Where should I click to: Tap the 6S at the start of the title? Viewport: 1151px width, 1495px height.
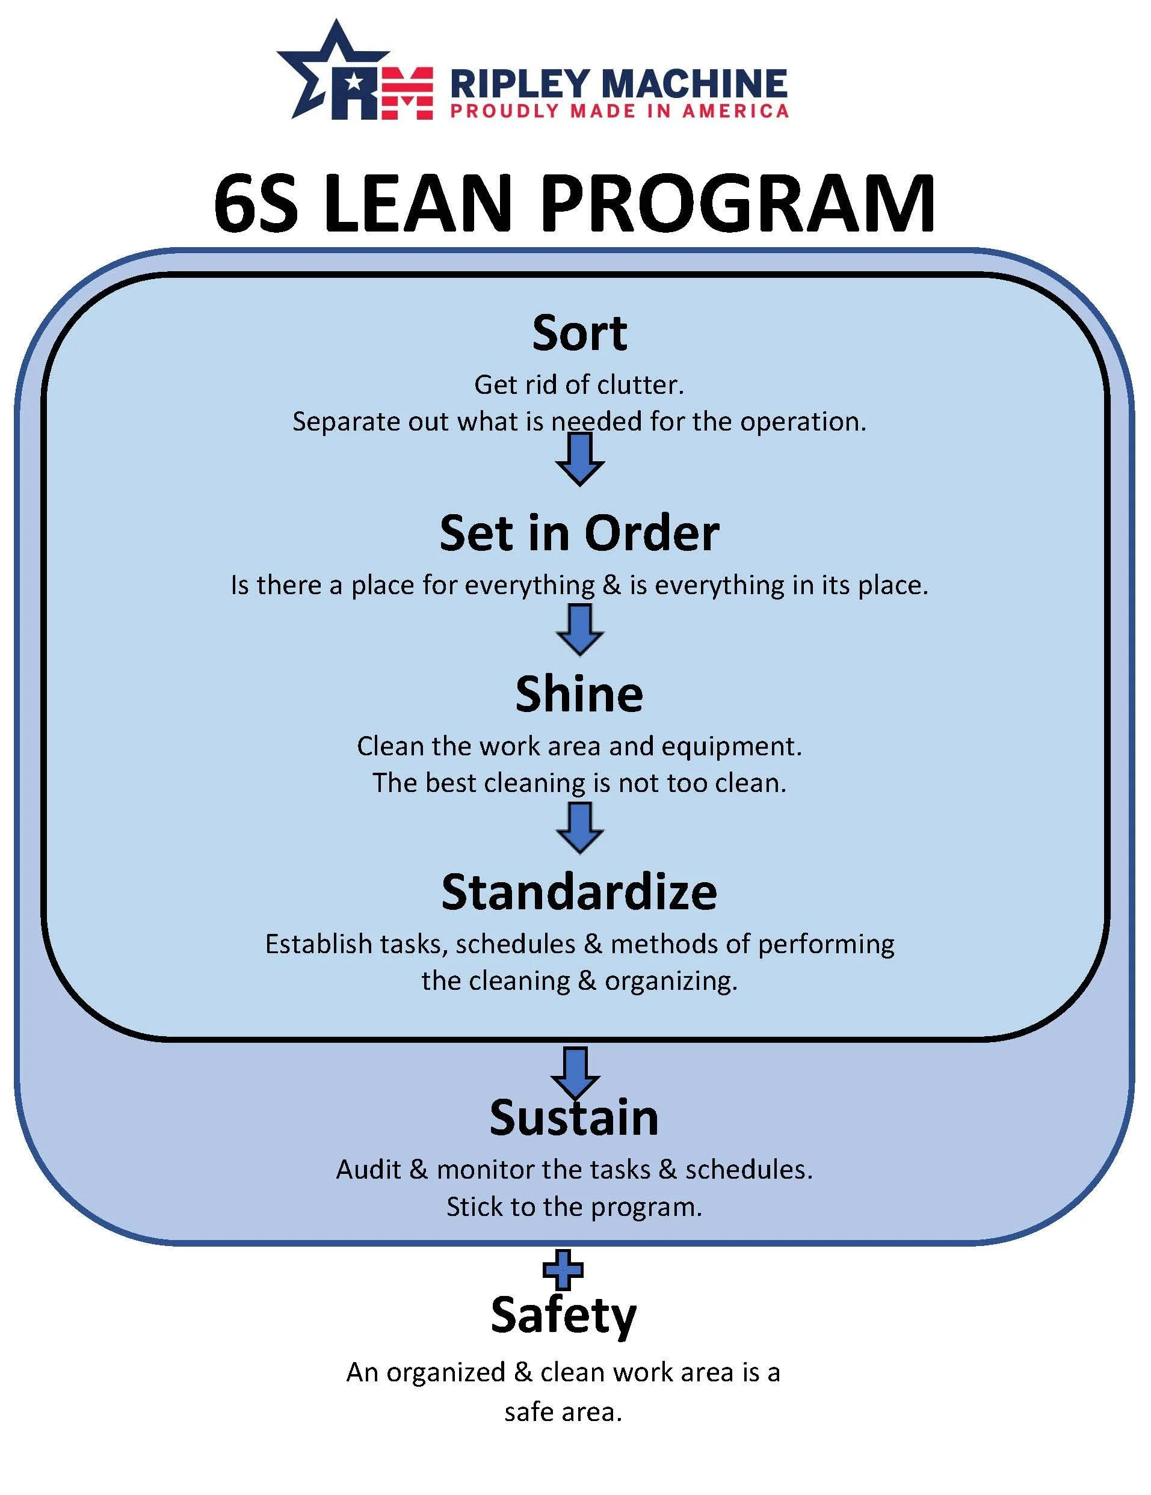click(256, 204)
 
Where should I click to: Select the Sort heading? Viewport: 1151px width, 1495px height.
click(579, 333)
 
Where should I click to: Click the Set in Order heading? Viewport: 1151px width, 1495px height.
click(579, 533)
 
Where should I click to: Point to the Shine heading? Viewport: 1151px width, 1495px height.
click(579, 694)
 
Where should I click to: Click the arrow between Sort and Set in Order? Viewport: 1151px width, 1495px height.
click(579, 459)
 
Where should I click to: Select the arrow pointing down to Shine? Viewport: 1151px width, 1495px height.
click(579, 630)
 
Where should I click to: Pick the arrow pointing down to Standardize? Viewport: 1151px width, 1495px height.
click(579, 827)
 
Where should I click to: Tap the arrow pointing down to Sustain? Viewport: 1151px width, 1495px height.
click(575, 1073)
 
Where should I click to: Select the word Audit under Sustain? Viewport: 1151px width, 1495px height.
click(368, 1169)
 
